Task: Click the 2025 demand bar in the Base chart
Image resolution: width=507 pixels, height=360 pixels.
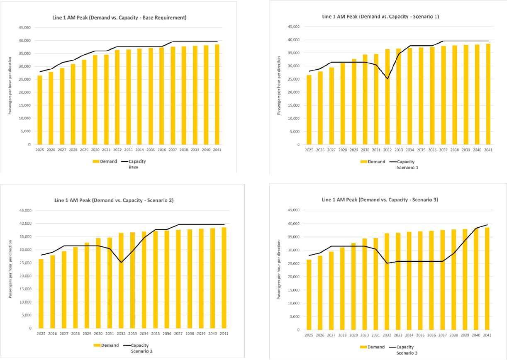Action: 40,110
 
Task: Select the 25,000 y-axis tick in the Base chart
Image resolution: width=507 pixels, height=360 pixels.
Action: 25,79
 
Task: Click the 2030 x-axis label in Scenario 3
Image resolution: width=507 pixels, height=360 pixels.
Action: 365,335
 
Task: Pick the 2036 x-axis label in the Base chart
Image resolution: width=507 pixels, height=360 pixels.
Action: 161,150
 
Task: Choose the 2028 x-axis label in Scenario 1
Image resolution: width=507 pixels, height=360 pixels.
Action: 343,150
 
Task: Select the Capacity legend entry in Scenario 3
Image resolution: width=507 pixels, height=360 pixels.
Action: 405,347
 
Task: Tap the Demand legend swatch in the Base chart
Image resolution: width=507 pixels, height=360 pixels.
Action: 97,161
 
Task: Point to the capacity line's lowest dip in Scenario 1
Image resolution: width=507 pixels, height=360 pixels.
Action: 388,79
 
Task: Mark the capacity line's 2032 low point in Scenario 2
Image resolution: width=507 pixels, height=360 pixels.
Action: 121,263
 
